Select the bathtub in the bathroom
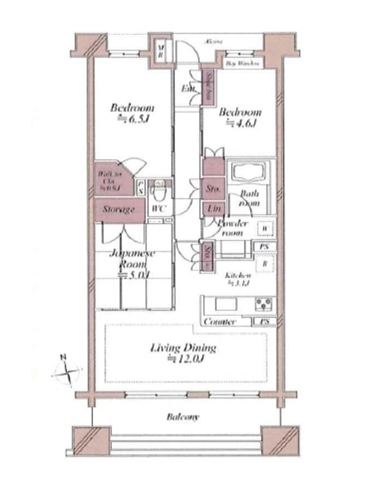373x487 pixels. click(248, 173)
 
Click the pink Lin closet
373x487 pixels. click(212, 209)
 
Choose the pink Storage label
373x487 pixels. click(118, 210)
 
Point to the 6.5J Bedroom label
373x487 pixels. click(131, 113)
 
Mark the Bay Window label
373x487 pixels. click(243, 64)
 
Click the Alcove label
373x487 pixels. click(214, 42)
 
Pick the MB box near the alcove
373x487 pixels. click(161, 51)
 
